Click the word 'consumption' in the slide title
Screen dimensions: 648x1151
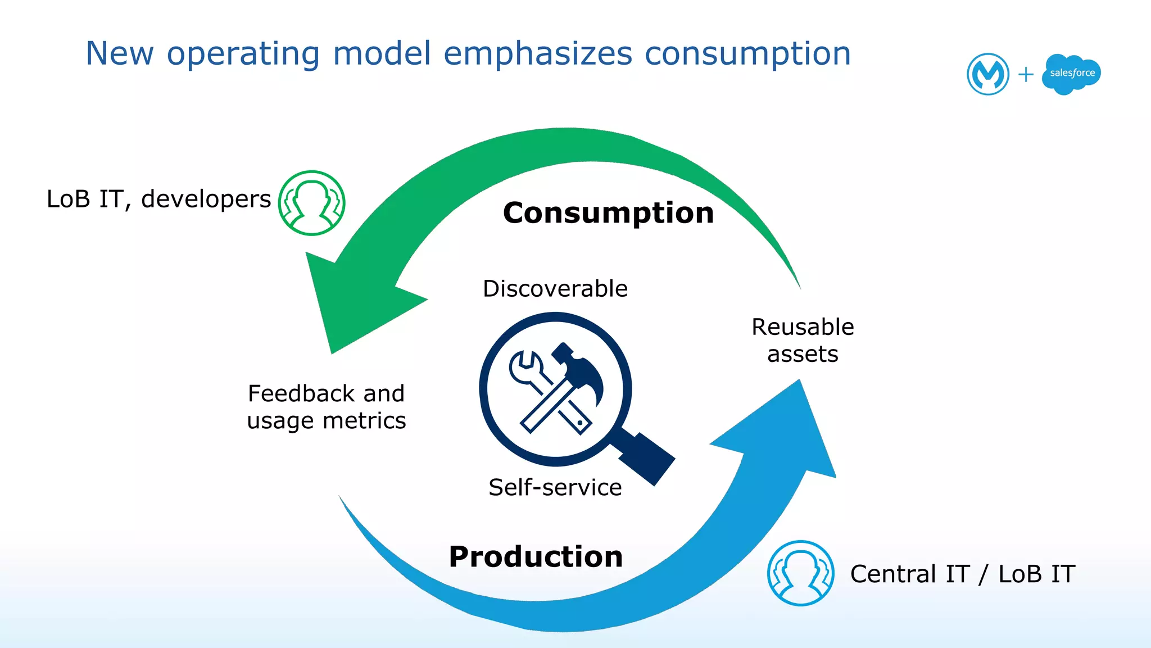tap(747, 55)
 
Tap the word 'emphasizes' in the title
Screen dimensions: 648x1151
tap(538, 55)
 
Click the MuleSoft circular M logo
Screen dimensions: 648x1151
tap(987, 74)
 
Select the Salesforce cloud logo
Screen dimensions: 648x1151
tap(1071, 74)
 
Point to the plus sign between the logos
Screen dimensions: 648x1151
tap(1026, 74)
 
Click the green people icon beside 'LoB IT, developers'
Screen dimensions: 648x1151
tap(312, 203)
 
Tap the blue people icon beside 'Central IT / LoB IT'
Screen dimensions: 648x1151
tap(800, 573)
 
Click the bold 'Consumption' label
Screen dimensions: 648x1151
tap(608, 213)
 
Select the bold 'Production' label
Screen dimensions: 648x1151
tap(536, 557)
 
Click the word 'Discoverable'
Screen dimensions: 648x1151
tap(555, 289)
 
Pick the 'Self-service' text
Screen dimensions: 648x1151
tap(555, 487)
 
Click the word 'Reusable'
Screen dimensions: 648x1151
tap(803, 327)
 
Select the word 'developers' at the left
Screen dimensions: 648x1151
tap(206, 199)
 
